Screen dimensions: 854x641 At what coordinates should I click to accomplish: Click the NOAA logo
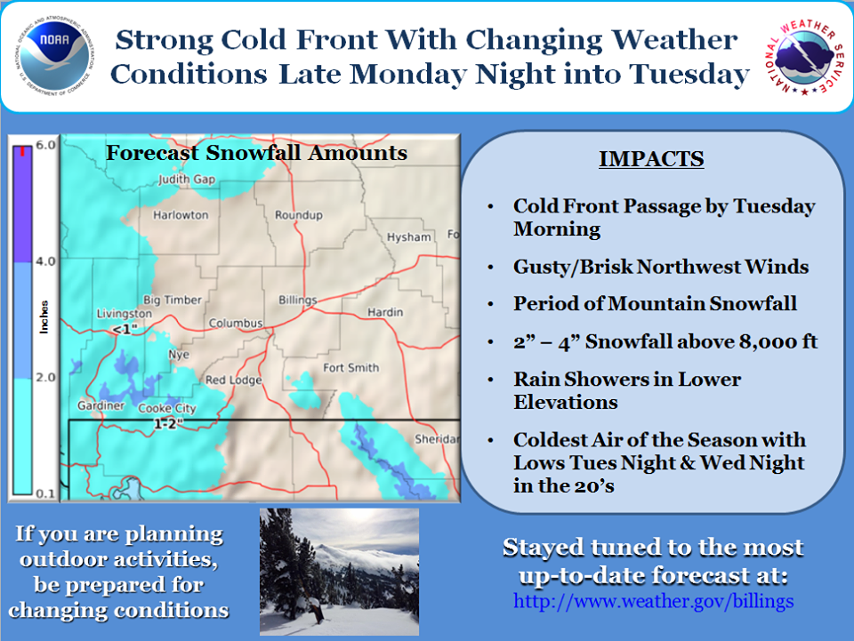[x=54, y=56]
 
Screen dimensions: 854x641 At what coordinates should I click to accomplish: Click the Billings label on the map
[x=297, y=300]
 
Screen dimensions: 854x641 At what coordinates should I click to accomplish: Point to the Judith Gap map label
[x=187, y=179]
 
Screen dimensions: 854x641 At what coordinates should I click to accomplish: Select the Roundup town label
[x=299, y=215]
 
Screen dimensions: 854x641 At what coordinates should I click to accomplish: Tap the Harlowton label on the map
[x=181, y=215]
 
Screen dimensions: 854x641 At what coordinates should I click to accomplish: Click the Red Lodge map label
[x=234, y=380]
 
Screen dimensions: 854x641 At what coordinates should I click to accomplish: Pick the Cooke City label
[x=166, y=408]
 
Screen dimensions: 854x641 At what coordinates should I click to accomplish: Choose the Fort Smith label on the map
[x=350, y=368]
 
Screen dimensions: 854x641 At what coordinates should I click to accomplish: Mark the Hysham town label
[x=408, y=237]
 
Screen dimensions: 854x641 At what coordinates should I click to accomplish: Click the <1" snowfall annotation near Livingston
[x=125, y=329]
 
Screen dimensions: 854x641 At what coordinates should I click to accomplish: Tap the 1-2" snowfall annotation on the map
[x=168, y=423]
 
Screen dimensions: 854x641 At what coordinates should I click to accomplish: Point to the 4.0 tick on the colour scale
[x=45, y=261]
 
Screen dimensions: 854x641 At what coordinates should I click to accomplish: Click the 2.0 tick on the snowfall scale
[x=45, y=377]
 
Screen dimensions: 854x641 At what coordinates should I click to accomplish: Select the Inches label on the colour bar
[x=44, y=316]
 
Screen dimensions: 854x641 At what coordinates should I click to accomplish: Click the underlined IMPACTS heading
[x=651, y=159]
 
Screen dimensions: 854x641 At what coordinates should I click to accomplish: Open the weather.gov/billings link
[x=653, y=601]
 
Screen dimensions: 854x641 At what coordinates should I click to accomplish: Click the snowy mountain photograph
[x=339, y=572]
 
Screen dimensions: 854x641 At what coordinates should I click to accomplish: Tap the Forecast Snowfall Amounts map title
[x=256, y=153]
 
